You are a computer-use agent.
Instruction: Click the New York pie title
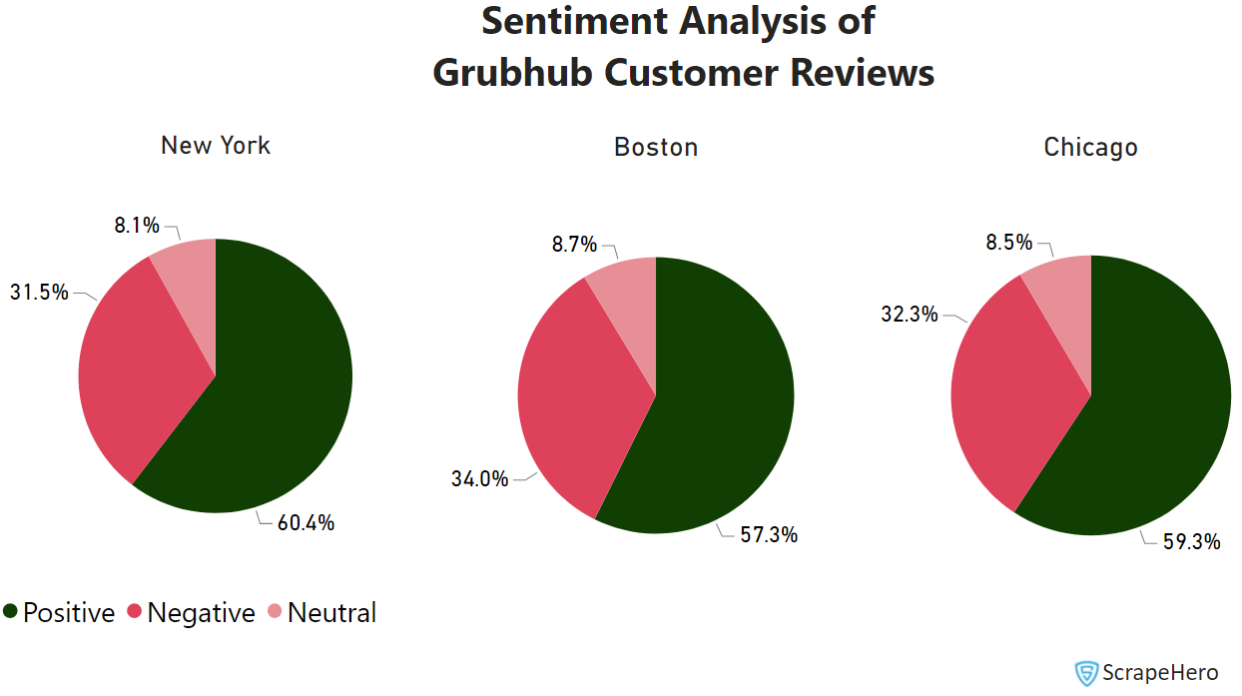point(216,146)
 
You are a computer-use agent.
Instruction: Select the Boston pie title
point(656,148)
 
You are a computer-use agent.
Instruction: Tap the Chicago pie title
point(1090,148)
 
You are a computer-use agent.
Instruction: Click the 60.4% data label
point(306,522)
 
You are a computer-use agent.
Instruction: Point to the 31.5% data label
point(39,293)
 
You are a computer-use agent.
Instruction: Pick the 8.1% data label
point(136,226)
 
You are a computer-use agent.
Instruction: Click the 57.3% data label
point(769,535)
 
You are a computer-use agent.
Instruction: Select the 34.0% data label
point(479,479)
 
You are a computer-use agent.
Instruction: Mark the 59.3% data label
point(1192,542)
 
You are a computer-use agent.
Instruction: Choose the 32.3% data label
point(909,315)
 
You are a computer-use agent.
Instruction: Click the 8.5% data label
point(1008,242)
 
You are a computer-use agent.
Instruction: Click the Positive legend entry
point(60,613)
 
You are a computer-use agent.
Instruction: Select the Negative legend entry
point(191,613)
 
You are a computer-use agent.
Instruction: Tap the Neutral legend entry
point(321,613)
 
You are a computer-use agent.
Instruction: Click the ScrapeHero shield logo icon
point(1085,673)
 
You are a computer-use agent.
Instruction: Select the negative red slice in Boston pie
point(574,399)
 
